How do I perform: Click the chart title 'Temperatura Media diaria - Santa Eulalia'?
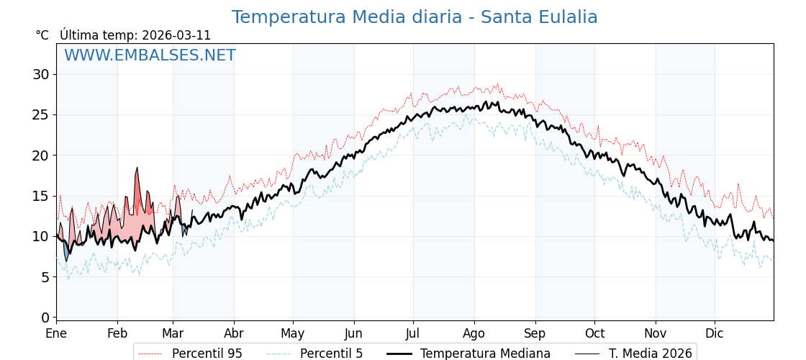coord(415,17)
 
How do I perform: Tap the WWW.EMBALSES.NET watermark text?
coord(150,55)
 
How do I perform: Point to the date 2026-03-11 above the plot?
coord(176,35)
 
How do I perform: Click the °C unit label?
coord(42,35)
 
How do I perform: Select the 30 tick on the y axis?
coord(41,74)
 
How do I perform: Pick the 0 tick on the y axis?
coord(45,318)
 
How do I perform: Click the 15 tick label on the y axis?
coord(41,196)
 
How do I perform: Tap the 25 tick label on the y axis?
coord(41,114)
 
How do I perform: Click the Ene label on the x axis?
coord(56,334)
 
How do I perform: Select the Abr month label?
coord(234,334)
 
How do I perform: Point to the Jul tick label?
coord(413,334)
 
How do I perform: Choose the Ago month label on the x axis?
coord(474,334)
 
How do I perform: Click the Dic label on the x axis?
coord(715,334)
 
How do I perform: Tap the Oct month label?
coord(594,334)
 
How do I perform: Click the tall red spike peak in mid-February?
coord(137,168)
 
